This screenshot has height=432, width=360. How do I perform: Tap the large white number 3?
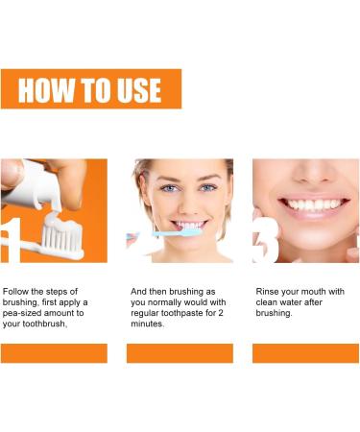(x=266, y=239)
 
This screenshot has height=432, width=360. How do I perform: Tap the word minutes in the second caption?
(x=151, y=324)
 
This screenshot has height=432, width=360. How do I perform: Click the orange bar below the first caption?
(x=54, y=352)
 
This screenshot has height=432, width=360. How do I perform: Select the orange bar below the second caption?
(x=180, y=352)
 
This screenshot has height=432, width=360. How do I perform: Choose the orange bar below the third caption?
(x=305, y=352)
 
